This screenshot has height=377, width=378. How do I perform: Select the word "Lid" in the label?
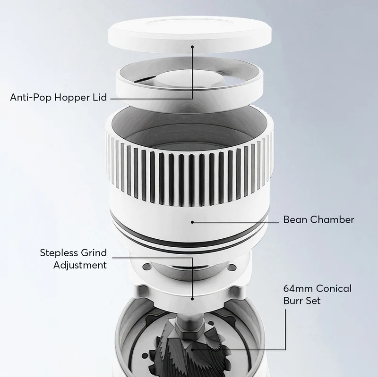pos(100,97)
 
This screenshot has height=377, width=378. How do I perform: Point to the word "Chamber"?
pos(332,219)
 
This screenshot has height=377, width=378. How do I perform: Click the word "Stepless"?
pos(59,253)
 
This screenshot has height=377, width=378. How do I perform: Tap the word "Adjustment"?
pos(80,265)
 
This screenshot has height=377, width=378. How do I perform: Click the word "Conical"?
pos(334,288)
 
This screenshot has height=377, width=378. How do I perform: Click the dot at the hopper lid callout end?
pos(192,47)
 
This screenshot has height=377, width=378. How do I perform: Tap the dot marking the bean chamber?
pos(192,222)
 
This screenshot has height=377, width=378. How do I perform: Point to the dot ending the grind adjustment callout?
pos(192,299)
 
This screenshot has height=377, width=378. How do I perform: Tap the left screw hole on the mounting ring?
pos(146,266)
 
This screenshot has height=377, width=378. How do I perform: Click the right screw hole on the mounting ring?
pos(232,267)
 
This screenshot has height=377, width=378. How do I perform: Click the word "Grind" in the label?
pos(94,253)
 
